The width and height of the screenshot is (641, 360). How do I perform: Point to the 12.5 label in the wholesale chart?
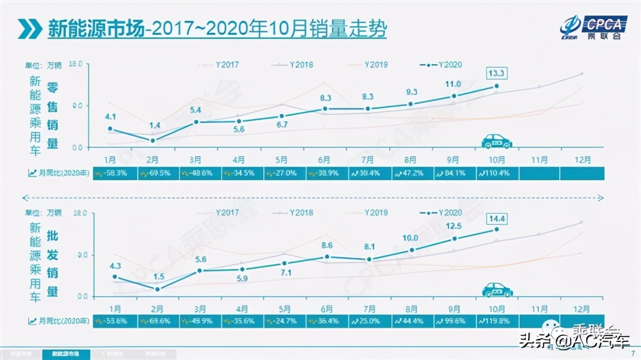452,226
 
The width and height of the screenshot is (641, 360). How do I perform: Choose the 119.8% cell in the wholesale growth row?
496,320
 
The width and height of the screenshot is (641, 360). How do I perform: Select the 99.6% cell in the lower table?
453,320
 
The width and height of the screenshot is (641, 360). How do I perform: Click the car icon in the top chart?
497,141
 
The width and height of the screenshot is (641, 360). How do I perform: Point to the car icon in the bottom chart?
497,289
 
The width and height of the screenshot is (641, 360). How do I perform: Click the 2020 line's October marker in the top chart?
496,86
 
